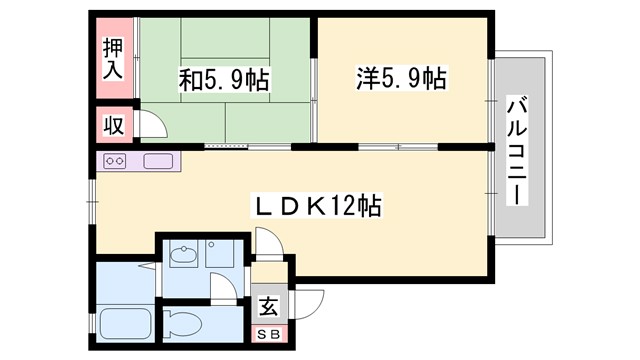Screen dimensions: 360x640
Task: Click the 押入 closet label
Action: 113,60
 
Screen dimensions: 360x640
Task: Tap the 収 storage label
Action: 113,126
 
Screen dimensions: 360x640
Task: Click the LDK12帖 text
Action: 316,207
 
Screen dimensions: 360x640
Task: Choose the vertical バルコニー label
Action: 517,148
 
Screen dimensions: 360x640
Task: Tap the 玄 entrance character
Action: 268,306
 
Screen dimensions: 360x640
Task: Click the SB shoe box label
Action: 269,334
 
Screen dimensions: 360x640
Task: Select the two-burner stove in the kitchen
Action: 113,161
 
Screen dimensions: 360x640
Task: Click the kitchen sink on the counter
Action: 159,161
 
